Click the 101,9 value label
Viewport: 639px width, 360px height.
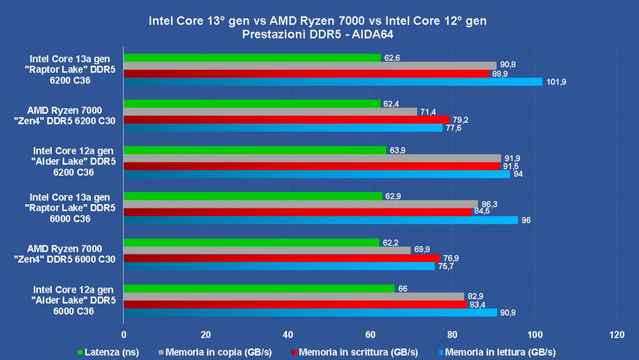[x=557, y=82]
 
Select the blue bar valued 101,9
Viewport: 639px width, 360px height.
[x=332, y=81]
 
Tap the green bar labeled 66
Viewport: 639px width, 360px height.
[x=259, y=288]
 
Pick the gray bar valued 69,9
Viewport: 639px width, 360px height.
[x=266, y=250]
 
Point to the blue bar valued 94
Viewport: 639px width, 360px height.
[x=316, y=174]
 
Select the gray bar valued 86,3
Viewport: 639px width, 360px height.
[x=300, y=204]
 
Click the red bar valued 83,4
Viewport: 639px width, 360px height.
[x=295, y=304]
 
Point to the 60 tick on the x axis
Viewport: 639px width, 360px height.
[x=370, y=334]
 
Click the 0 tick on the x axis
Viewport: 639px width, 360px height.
[x=123, y=334]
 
